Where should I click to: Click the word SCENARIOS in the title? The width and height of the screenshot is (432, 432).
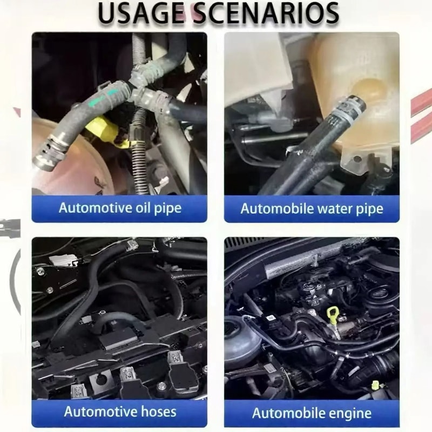pyautogui.click(x=266, y=12)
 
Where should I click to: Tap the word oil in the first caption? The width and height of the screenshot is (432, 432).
pyautogui.click(x=143, y=207)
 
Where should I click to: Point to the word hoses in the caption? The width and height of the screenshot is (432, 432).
pyautogui.click(x=158, y=412)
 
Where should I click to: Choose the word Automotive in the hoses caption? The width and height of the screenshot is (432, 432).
pyautogui.click(x=100, y=412)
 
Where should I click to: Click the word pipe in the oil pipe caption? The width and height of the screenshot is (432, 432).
pyautogui.click(x=167, y=208)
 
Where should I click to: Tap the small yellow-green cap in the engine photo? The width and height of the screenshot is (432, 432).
pyautogui.click(x=375, y=385)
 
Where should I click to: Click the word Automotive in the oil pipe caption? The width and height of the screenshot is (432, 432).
pyautogui.click(x=96, y=207)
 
